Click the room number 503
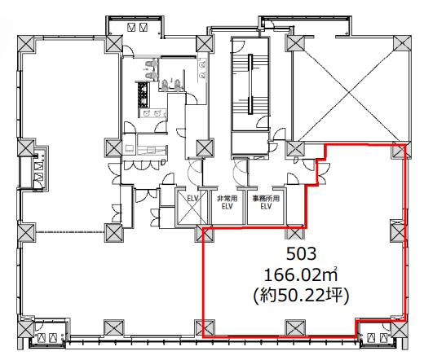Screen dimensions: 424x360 pyautogui.click(x=302, y=254)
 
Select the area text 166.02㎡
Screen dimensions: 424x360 pyautogui.click(x=301, y=275)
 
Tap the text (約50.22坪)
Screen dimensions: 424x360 pyautogui.click(x=301, y=296)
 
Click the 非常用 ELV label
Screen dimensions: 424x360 pyautogui.click(x=227, y=203)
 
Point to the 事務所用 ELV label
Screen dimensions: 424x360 pyautogui.click(x=266, y=203)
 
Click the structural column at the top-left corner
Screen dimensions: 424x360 pyautogui.click(x=27, y=44)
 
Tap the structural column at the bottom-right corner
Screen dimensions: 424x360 pyautogui.click(x=400, y=329)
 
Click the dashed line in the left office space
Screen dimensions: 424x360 pyautogui.click(x=70, y=232)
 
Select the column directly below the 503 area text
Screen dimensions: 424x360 pyautogui.click(x=294, y=327)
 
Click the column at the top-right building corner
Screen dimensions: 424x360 pyautogui.click(x=402, y=43)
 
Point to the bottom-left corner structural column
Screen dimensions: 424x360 pyautogui.click(x=27, y=329)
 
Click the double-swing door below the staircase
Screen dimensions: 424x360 pyautogui.click(x=241, y=170)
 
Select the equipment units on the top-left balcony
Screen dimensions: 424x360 pyautogui.click(x=137, y=27)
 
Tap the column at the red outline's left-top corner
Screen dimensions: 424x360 pyautogui.click(x=205, y=234)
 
